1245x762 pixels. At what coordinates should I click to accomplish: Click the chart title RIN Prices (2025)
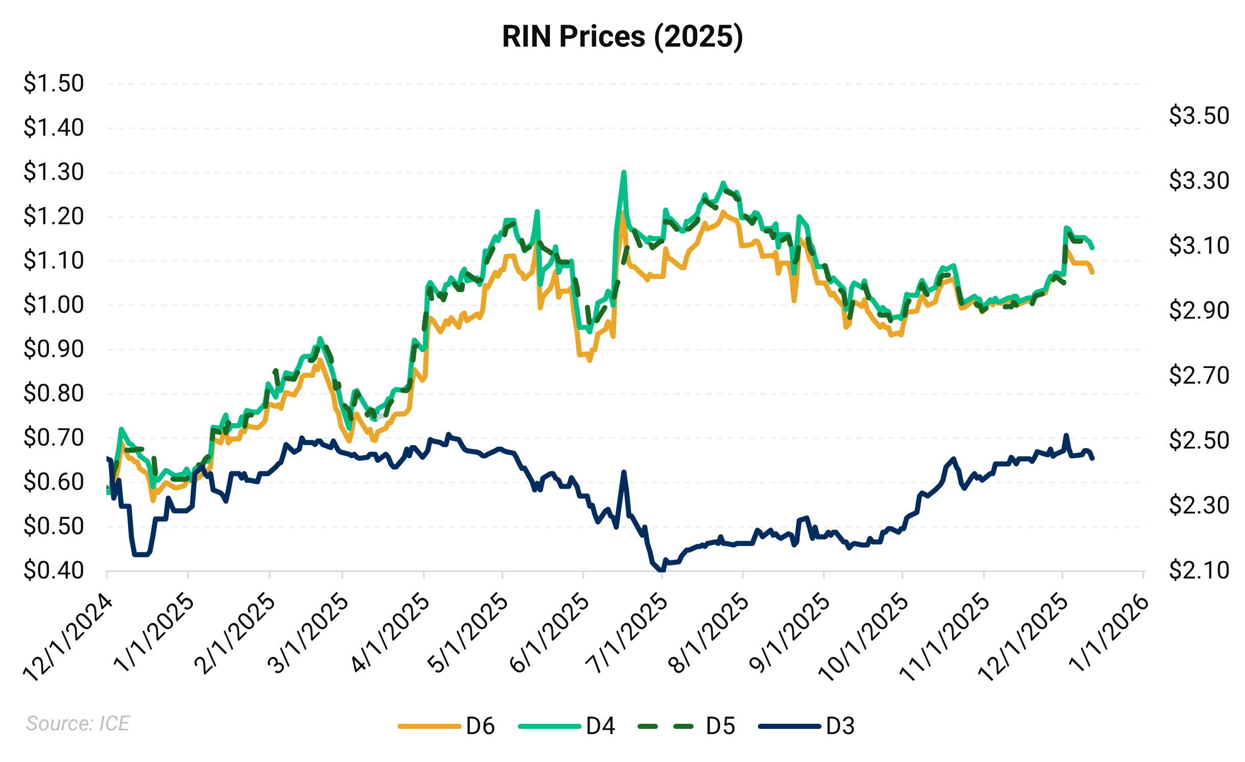[622, 37]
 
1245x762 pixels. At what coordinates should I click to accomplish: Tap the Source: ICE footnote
[78, 723]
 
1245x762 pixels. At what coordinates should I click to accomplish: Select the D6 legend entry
[446, 726]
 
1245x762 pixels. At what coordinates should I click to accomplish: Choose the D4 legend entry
[567, 726]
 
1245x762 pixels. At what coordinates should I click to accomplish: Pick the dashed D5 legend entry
[686, 726]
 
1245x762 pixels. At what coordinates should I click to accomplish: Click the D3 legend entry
[806, 726]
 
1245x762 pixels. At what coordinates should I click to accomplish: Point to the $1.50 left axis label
[54, 84]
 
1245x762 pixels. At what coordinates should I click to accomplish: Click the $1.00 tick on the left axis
[54, 305]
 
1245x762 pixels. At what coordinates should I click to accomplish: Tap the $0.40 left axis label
[54, 570]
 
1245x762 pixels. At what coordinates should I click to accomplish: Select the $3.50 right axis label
[1199, 116]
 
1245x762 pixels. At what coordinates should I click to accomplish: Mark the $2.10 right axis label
[1199, 570]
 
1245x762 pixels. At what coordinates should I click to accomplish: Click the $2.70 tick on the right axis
[1199, 376]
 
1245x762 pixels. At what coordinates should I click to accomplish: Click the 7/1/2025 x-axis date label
[627, 635]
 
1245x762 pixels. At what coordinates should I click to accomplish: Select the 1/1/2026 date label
[1109, 635]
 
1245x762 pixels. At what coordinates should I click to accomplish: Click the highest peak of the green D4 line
[624, 172]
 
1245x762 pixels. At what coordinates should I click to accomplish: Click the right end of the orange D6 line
[1093, 273]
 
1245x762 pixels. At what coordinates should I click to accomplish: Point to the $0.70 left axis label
[54, 438]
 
